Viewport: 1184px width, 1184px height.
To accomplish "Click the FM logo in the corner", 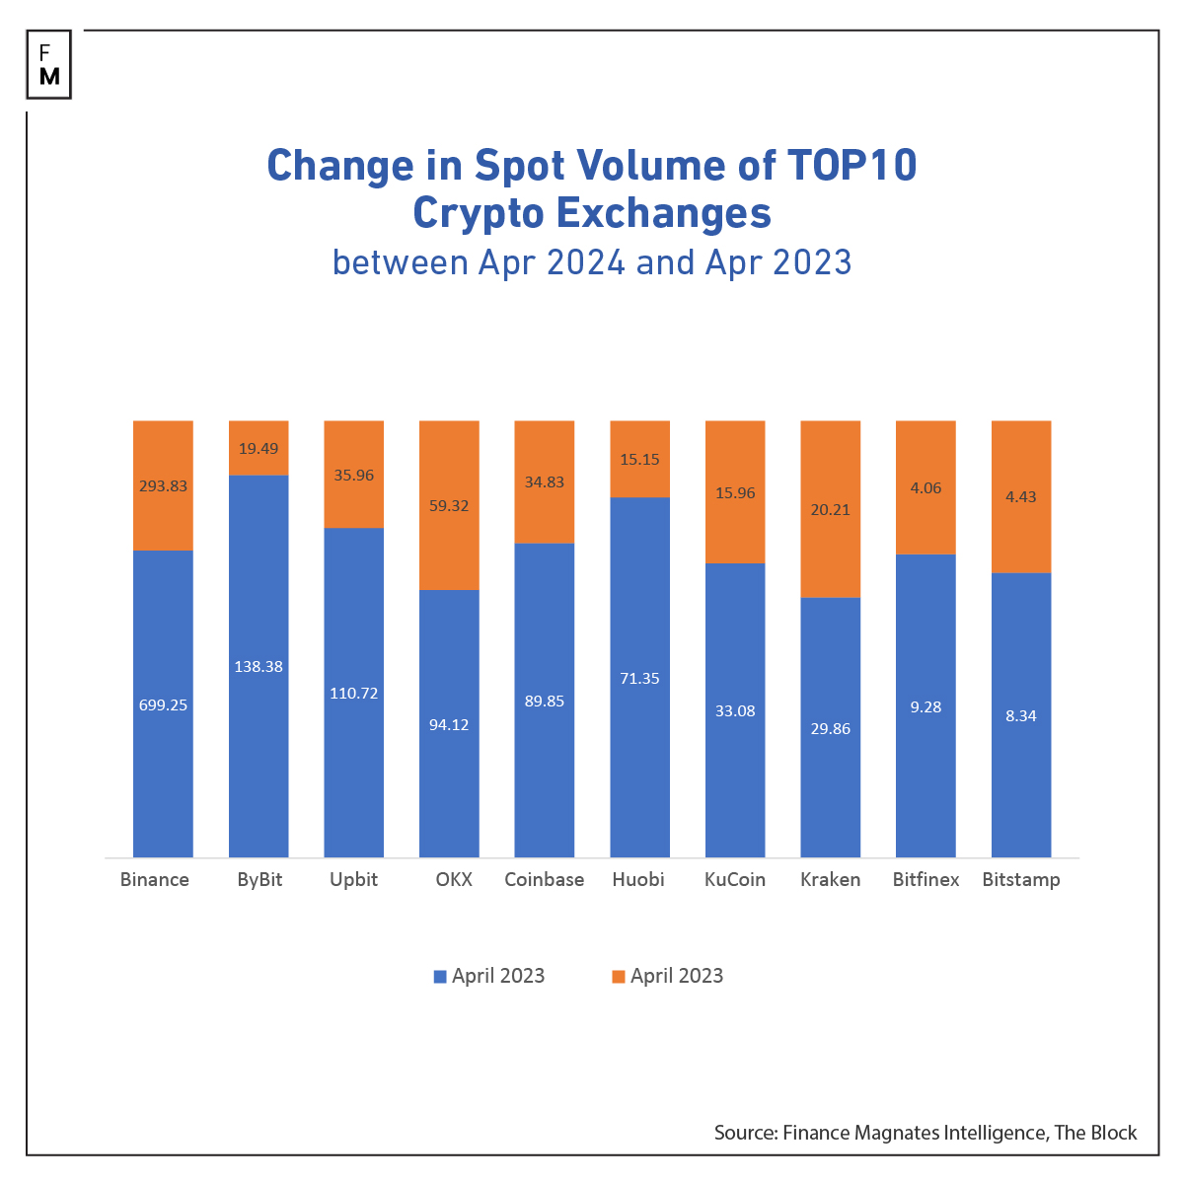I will point(49,64).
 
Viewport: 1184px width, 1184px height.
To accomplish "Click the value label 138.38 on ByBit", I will point(259,667).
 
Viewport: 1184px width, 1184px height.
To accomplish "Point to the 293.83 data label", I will point(163,486).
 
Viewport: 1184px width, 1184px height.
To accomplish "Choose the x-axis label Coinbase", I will point(544,879).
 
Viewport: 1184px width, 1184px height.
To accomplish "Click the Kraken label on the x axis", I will point(830,879).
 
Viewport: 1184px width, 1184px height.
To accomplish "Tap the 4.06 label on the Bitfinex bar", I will point(925,487).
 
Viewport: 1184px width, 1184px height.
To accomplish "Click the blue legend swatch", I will point(440,977).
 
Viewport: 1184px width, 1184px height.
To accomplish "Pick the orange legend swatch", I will point(619,977).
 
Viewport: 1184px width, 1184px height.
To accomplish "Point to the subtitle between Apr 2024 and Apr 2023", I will point(592,262).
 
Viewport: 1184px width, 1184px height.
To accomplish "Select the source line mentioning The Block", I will point(925,1133).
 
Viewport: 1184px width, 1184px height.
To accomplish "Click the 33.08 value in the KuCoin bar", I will point(735,710).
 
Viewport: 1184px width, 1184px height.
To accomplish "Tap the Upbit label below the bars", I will point(353,879).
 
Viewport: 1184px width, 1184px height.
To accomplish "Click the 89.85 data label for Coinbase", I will point(544,701).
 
